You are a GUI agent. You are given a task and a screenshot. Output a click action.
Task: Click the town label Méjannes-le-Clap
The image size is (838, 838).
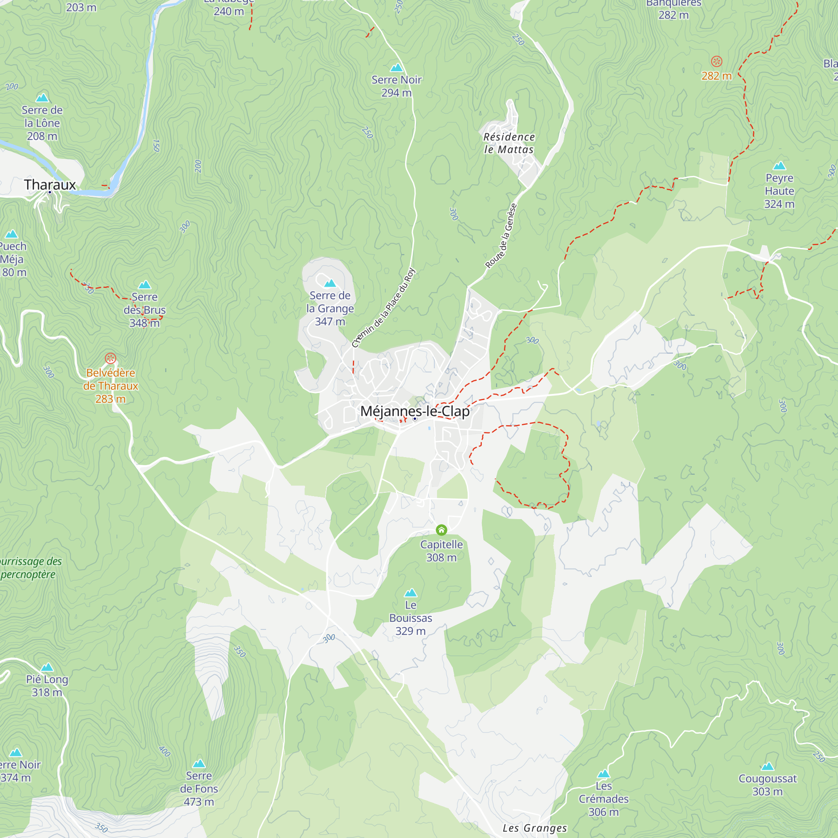tap(415, 411)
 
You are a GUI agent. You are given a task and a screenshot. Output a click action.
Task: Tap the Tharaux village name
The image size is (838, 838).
tap(50, 185)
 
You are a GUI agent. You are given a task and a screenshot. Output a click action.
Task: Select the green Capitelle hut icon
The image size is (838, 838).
tap(441, 530)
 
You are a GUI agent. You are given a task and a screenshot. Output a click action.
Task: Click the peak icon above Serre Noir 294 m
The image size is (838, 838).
tap(396, 67)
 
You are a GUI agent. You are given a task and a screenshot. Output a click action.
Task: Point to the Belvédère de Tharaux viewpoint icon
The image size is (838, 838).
tap(111, 358)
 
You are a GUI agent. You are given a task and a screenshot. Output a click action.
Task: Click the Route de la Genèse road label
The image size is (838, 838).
tap(501, 236)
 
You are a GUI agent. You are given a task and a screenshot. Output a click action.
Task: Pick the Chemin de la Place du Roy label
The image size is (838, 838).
tap(383, 308)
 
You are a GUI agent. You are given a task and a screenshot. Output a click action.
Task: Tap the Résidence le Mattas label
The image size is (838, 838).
tap(509, 143)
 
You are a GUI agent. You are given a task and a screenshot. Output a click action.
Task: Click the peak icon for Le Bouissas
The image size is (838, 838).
tap(410, 592)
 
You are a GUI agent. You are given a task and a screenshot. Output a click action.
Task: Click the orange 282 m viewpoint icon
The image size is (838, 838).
tap(716, 61)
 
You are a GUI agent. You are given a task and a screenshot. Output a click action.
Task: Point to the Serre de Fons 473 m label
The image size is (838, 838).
tap(199, 789)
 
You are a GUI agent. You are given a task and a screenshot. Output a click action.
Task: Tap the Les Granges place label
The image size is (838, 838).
tap(534, 828)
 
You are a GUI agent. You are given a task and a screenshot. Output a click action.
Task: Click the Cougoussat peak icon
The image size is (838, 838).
tap(767, 766)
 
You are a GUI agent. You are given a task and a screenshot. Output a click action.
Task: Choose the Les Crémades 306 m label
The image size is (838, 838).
tap(603, 799)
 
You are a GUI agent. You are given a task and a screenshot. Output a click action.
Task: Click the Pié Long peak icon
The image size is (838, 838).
tap(47, 667)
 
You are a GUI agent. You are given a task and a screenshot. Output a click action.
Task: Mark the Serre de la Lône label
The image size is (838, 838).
tap(42, 123)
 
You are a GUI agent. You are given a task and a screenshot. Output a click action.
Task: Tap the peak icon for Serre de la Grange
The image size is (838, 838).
tap(330, 283)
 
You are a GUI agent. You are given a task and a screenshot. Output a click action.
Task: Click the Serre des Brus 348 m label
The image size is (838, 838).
tap(145, 310)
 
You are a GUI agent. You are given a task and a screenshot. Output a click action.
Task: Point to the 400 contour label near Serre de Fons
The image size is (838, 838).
tap(164, 751)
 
